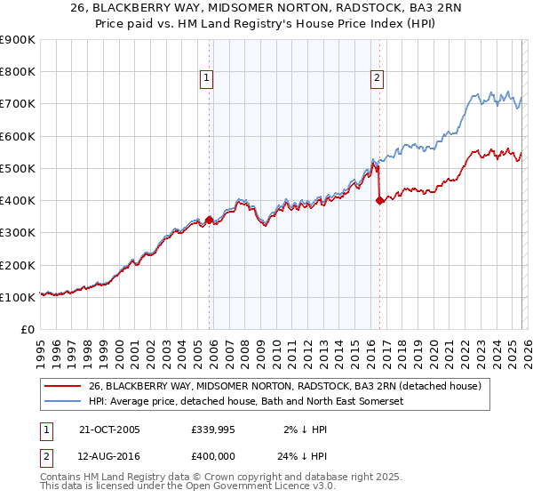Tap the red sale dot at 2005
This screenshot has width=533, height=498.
coord(210,220)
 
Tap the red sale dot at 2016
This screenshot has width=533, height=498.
coord(379,200)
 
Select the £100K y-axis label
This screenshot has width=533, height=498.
coord(17,297)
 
